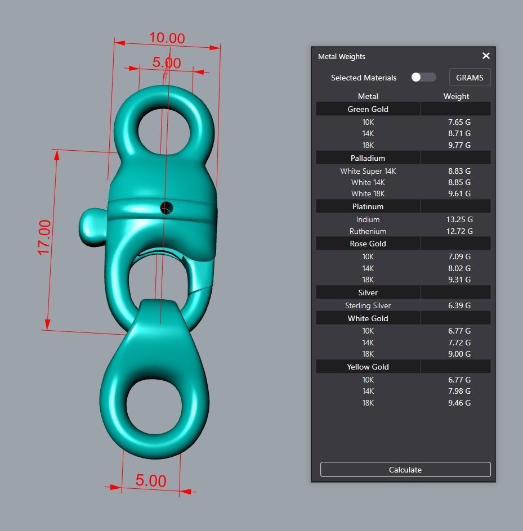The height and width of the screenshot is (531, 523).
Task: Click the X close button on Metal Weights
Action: pyautogui.click(x=486, y=56)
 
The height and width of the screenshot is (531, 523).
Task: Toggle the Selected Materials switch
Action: pyautogui.click(x=423, y=77)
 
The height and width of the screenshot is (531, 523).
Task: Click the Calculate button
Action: pyautogui.click(x=405, y=470)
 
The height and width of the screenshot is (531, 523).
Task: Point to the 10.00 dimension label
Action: pyautogui.click(x=167, y=38)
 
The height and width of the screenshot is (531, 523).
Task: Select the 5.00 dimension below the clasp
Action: pyautogui.click(x=151, y=481)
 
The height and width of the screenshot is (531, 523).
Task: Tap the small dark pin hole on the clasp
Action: pyautogui.click(x=166, y=208)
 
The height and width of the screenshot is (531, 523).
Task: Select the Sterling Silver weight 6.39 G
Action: pyautogui.click(x=459, y=305)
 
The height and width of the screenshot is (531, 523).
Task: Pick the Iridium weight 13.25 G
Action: pyautogui.click(x=459, y=219)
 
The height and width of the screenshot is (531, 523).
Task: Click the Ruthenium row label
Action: pyautogui.click(x=368, y=231)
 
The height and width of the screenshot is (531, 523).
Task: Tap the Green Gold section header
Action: pyautogui.click(x=368, y=109)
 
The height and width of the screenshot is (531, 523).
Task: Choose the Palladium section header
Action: pyautogui.click(x=368, y=158)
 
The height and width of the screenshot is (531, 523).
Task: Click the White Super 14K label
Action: pyautogui.click(x=368, y=171)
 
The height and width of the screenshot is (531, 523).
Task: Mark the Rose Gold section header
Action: pyautogui.click(x=368, y=244)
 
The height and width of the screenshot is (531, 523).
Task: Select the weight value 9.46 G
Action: pyautogui.click(x=459, y=403)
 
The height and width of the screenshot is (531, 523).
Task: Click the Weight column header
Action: pyautogui.click(x=456, y=96)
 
